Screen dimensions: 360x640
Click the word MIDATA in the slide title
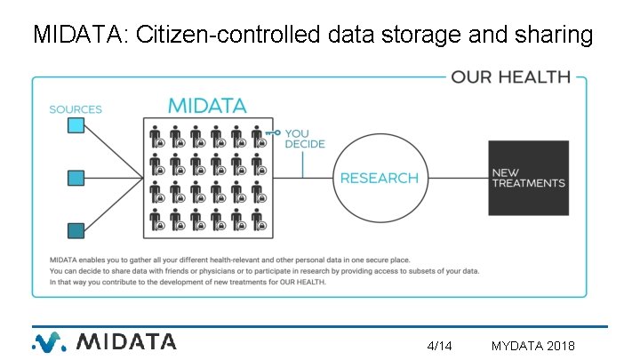click(x=77, y=36)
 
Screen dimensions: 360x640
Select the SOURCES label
click(x=76, y=109)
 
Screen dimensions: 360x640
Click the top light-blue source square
click(x=76, y=126)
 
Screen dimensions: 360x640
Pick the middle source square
click(x=76, y=178)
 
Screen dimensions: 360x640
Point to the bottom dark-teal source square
click(x=76, y=230)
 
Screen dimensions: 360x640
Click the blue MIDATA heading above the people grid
click(x=207, y=106)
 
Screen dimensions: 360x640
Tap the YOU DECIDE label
click(x=305, y=139)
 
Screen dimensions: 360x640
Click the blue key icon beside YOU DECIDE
click(x=273, y=133)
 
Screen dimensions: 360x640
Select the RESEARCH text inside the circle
click(x=379, y=178)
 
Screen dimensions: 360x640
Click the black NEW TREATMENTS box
click(x=528, y=178)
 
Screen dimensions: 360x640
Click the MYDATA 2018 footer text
click(x=532, y=345)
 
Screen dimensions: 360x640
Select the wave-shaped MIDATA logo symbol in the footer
click(x=50, y=341)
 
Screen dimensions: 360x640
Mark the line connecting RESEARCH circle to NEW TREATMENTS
click(x=452, y=178)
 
